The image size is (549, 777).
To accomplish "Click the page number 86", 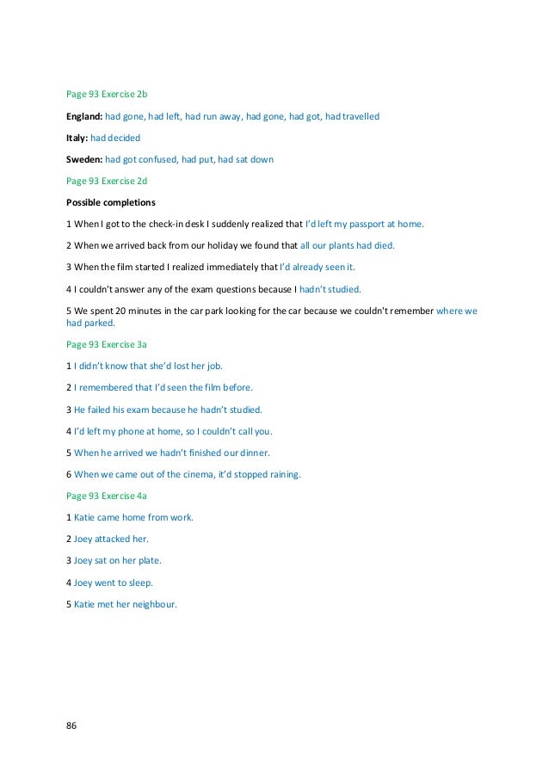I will tap(71, 725).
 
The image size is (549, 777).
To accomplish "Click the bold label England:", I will tap(84, 115).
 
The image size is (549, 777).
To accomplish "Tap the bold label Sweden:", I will tap(84, 160).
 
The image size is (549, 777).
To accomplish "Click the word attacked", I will tap(114, 539).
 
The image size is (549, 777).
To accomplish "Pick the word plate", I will tap(147, 560).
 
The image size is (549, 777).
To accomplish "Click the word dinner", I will tap(251, 452).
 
